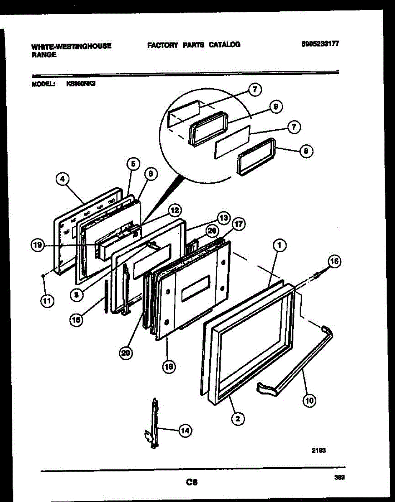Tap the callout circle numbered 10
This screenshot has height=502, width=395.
tap(310, 400)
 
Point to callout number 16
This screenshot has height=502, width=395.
tap(333, 262)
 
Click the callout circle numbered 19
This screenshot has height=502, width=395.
tap(38, 246)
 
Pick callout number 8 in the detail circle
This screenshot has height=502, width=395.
tap(306, 152)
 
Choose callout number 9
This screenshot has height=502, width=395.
tap(275, 107)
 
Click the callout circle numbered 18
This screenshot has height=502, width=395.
tap(169, 366)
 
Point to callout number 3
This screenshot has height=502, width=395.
tap(77, 294)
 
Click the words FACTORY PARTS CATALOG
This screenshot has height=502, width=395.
tap(193, 45)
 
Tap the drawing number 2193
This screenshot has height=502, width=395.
tap(318, 451)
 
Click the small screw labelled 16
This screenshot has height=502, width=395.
tap(319, 274)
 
